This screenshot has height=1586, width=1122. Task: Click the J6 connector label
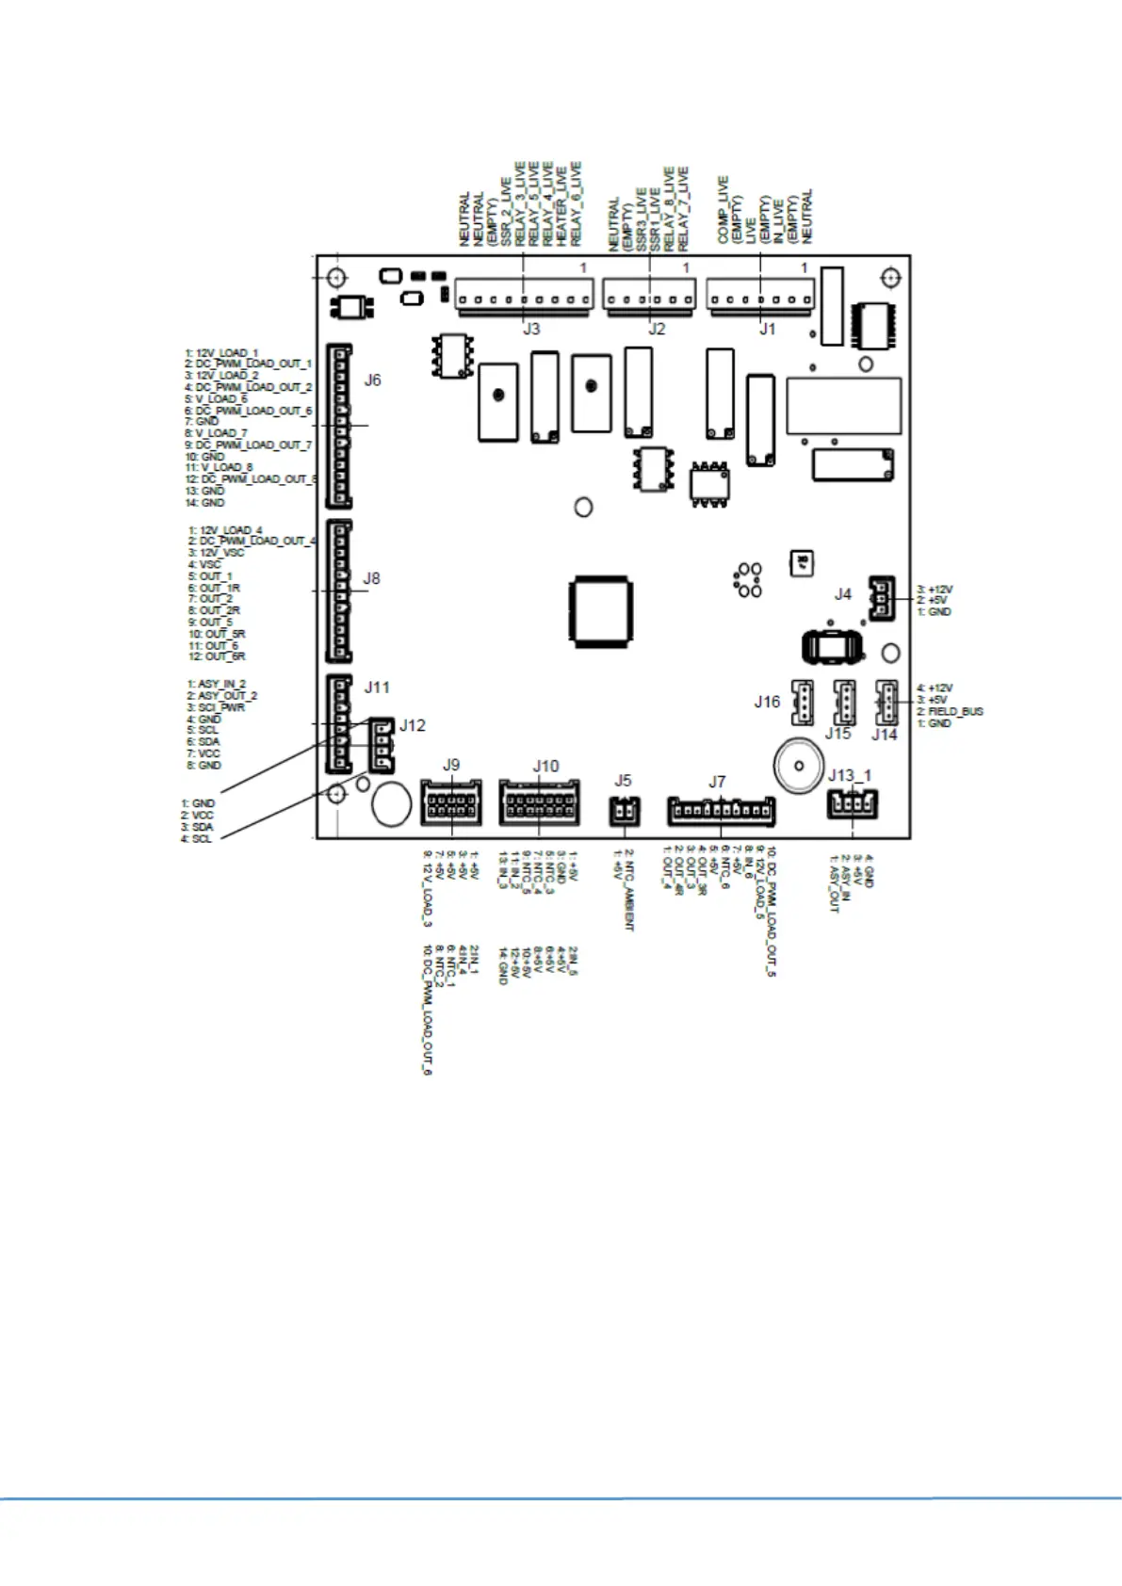pos(373,380)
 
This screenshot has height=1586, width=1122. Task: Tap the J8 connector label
pos(372,578)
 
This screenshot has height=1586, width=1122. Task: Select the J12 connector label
pos(413,726)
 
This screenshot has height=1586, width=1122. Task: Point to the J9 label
pos(451,766)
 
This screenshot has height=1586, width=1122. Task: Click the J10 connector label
pos(545,767)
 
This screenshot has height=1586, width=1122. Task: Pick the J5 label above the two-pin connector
pos(623,781)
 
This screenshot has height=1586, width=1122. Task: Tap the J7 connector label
pos(717,782)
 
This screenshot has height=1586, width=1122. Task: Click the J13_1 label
pos(850,775)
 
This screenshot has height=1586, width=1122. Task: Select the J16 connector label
pos(767,702)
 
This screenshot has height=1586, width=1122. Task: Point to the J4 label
pos(842,594)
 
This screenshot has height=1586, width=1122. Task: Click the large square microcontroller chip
pos(600,610)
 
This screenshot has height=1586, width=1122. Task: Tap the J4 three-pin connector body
pos(881,598)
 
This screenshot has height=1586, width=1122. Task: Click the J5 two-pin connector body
pos(623,809)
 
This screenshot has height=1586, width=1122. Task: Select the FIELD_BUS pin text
pos(955,712)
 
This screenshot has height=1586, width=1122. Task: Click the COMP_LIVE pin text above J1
pos(723,209)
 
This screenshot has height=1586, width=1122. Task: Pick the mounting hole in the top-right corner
pos(890,278)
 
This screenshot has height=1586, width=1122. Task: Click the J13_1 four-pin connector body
pos(852,804)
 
